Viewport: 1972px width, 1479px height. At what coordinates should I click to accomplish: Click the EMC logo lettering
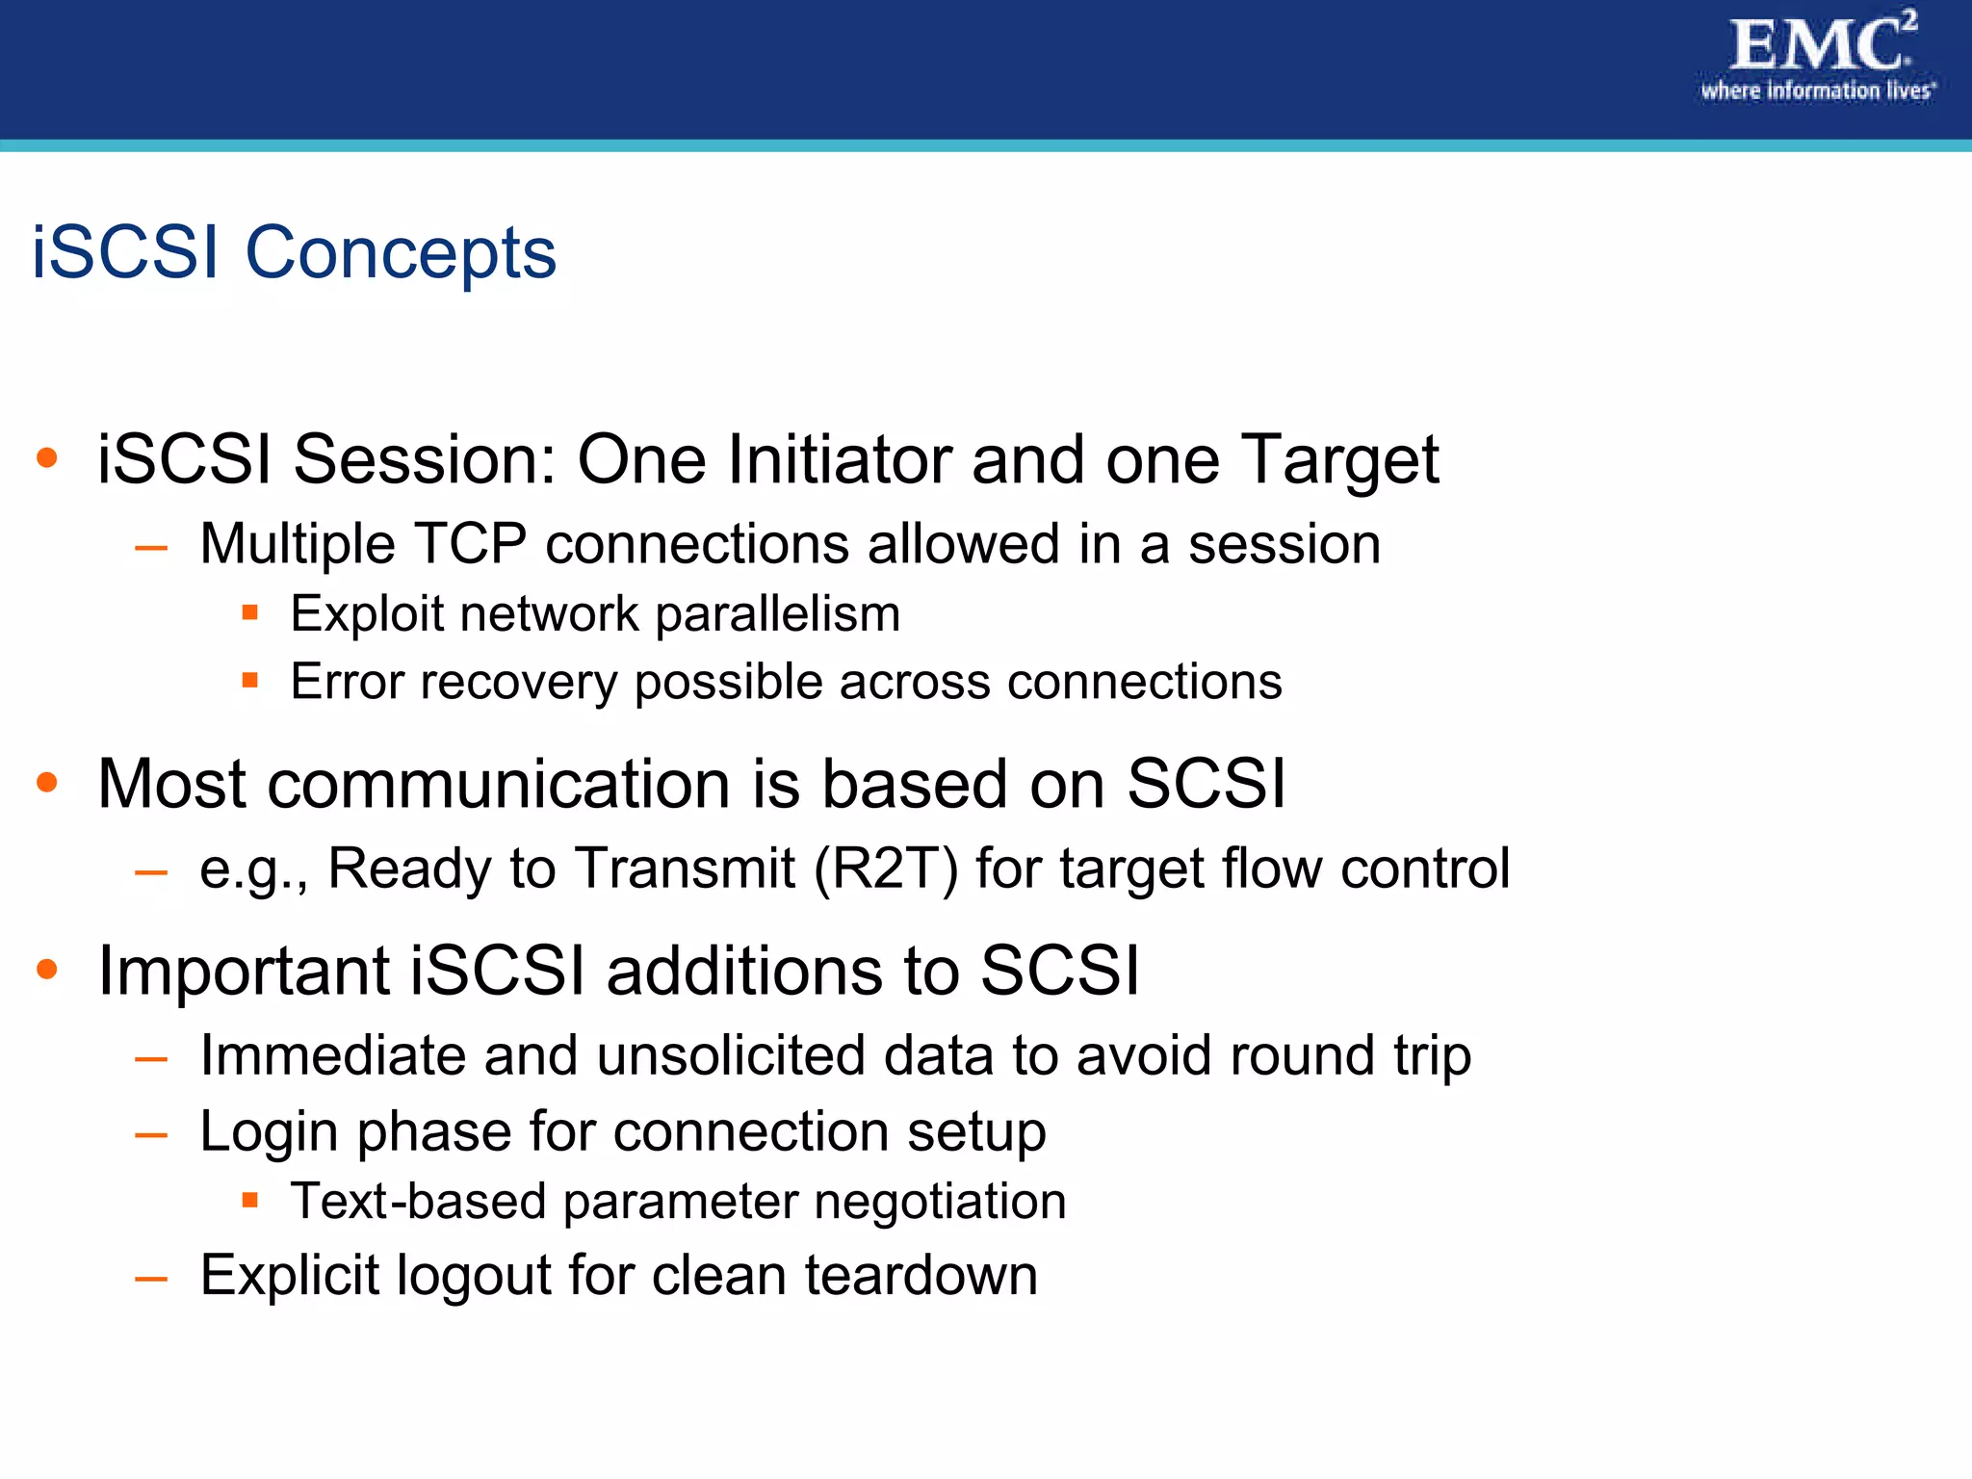(x=1819, y=45)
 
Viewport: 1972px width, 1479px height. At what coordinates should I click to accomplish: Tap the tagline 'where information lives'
(x=1816, y=91)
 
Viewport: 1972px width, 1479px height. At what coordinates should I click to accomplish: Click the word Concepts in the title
(x=401, y=253)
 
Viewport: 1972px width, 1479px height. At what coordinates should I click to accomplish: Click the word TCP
(x=470, y=544)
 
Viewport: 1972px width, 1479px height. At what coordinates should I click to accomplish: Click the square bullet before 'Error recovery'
(x=250, y=681)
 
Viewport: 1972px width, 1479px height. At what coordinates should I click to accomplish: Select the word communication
(x=499, y=784)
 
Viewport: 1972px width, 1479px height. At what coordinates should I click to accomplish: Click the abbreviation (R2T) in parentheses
(x=886, y=869)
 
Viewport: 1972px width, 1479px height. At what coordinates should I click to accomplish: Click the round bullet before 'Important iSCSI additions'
(x=46, y=969)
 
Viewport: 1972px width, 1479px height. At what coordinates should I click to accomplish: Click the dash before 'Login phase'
(x=151, y=1135)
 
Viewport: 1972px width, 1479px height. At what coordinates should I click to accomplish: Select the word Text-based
(x=418, y=1202)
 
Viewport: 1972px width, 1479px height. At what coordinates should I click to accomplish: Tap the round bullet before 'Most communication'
(x=46, y=783)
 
